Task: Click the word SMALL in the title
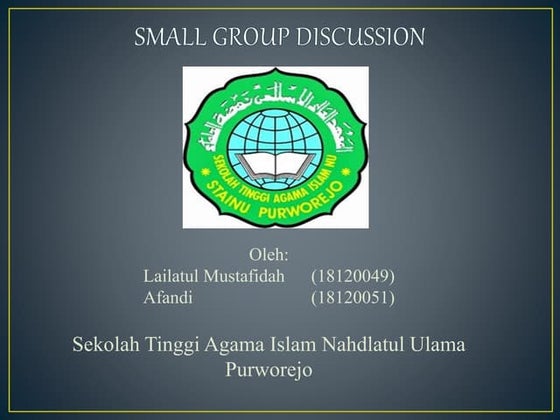(171, 38)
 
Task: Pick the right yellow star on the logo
(348, 176)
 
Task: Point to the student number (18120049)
(353, 276)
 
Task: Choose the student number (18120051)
(353, 297)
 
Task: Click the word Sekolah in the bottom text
(107, 346)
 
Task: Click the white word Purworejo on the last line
(271, 370)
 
